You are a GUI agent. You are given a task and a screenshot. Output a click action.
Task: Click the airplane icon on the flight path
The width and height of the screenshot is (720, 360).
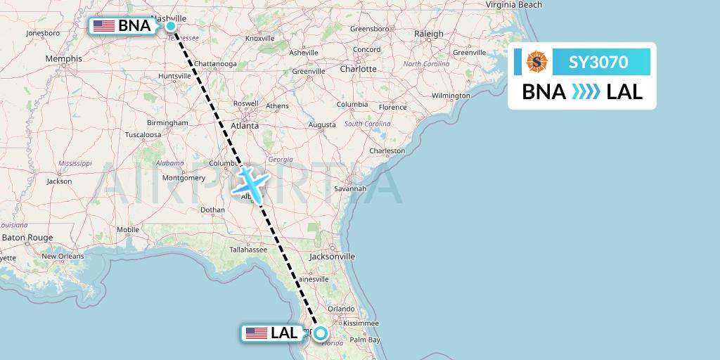coord(250,181)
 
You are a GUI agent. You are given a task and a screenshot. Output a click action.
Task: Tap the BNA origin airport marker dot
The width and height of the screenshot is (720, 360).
coord(171,26)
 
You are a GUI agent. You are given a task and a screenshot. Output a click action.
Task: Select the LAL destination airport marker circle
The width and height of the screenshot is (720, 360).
coord(321,333)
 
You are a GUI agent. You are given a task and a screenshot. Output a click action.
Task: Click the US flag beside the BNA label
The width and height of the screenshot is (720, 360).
coord(104,26)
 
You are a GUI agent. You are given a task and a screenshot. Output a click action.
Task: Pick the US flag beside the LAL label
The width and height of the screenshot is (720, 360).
coord(257,333)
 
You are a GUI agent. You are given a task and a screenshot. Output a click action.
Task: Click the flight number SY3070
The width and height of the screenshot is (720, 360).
coord(599,63)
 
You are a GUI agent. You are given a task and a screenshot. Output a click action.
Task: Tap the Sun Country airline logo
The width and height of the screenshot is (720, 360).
coord(536,63)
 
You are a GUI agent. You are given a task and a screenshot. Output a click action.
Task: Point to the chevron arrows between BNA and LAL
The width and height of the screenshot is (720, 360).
coord(586,92)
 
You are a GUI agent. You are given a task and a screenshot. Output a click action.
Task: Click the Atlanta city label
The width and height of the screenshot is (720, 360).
coord(246,126)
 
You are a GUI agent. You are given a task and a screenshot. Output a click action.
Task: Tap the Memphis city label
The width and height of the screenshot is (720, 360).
coord(63,58)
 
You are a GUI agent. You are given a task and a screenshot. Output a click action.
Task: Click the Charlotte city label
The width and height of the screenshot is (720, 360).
coord(358,69)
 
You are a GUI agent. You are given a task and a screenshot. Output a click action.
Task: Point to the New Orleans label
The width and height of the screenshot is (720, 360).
coord(63,256)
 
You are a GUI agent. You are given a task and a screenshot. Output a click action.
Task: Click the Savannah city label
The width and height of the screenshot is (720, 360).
coord(350,188)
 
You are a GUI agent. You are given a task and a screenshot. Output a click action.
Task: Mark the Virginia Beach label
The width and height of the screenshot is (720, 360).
coord(513,5)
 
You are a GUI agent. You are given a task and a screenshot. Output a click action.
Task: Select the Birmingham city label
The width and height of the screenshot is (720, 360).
coord(168,122)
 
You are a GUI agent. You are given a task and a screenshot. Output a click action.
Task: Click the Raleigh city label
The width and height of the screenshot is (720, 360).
coord(429,34)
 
